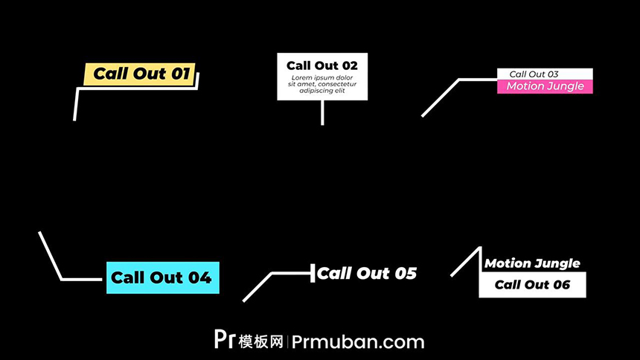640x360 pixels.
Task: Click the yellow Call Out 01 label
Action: click(x=141, y=74)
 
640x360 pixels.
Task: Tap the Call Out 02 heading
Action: click(x=322, y=65)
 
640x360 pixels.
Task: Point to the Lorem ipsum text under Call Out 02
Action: click(x=322, y=84)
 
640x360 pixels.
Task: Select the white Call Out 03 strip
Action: click(x=544, y=74)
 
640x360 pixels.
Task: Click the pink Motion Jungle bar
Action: click(x=545, y=86)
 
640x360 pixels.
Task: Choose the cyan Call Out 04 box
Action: click(x=162, y=277)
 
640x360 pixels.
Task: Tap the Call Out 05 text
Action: click(x=367, y=273)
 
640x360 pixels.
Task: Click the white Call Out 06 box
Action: click(x=532, y=285)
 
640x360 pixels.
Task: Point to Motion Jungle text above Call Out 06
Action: click(x=532, y=263)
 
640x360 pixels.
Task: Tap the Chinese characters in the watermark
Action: click(x=261, y=341)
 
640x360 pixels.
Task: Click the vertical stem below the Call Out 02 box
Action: click(x=322, y=112)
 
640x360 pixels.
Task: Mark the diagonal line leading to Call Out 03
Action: click(x=441, y=97)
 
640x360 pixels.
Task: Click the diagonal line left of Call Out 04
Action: click(x=50, y=256)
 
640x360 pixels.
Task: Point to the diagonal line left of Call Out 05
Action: click(x=257, y=287)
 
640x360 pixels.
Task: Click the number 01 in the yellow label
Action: click(x=181, y=74)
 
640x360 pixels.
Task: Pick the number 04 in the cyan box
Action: click(x=199, y=277)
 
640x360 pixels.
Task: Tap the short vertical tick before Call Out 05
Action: click(x=313, y=273)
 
